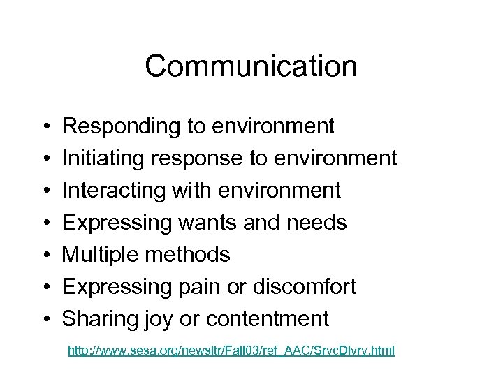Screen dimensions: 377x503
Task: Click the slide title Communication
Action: click(251, 67)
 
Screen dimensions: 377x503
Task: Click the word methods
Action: click(187, 255)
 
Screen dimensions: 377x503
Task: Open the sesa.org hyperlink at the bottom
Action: click(231, 350)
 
